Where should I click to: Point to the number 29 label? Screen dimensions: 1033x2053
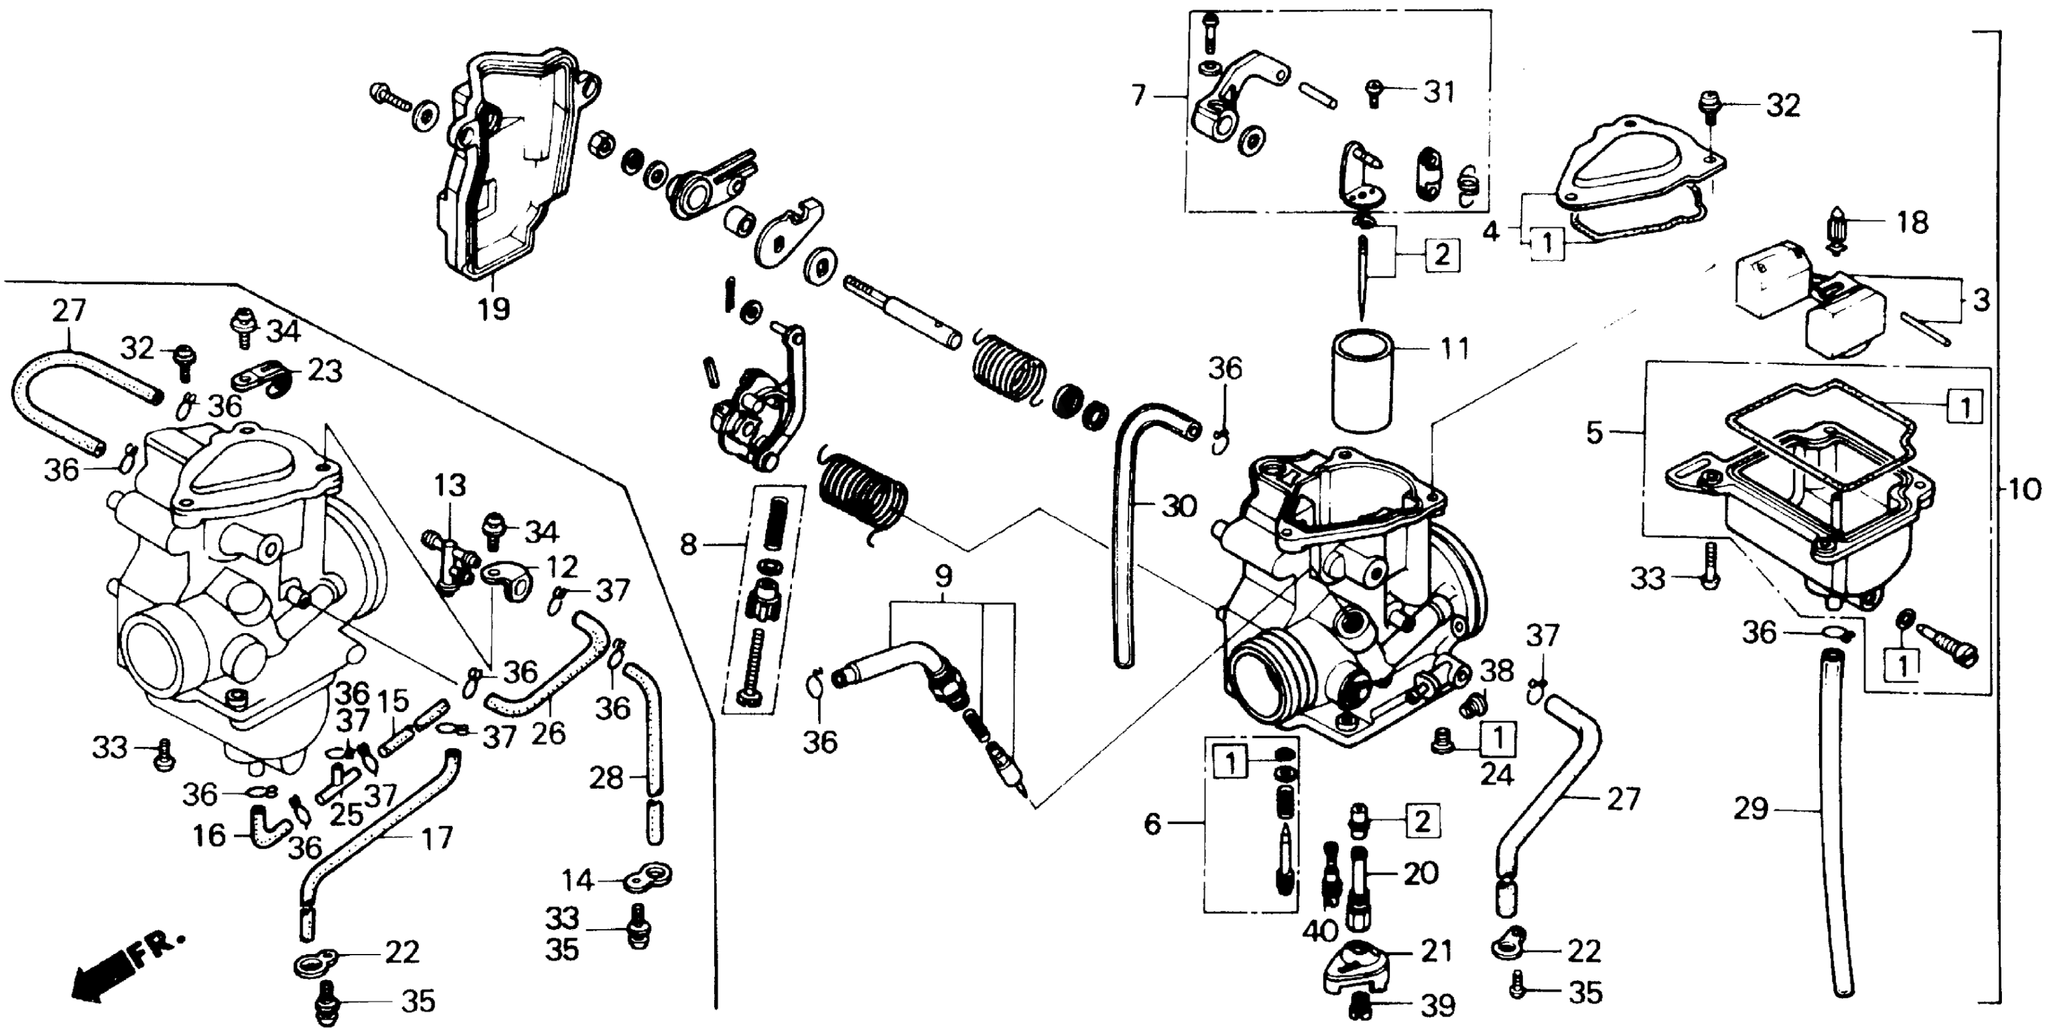1751,810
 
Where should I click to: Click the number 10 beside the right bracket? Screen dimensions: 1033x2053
2022,489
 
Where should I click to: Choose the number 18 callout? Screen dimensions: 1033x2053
1912,222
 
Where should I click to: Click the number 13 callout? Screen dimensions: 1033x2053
450,486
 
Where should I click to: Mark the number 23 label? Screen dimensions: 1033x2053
325,371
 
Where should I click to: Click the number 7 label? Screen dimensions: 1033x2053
1138,97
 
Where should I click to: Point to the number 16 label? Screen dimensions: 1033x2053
210,836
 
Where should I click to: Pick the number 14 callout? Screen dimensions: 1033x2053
578,880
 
